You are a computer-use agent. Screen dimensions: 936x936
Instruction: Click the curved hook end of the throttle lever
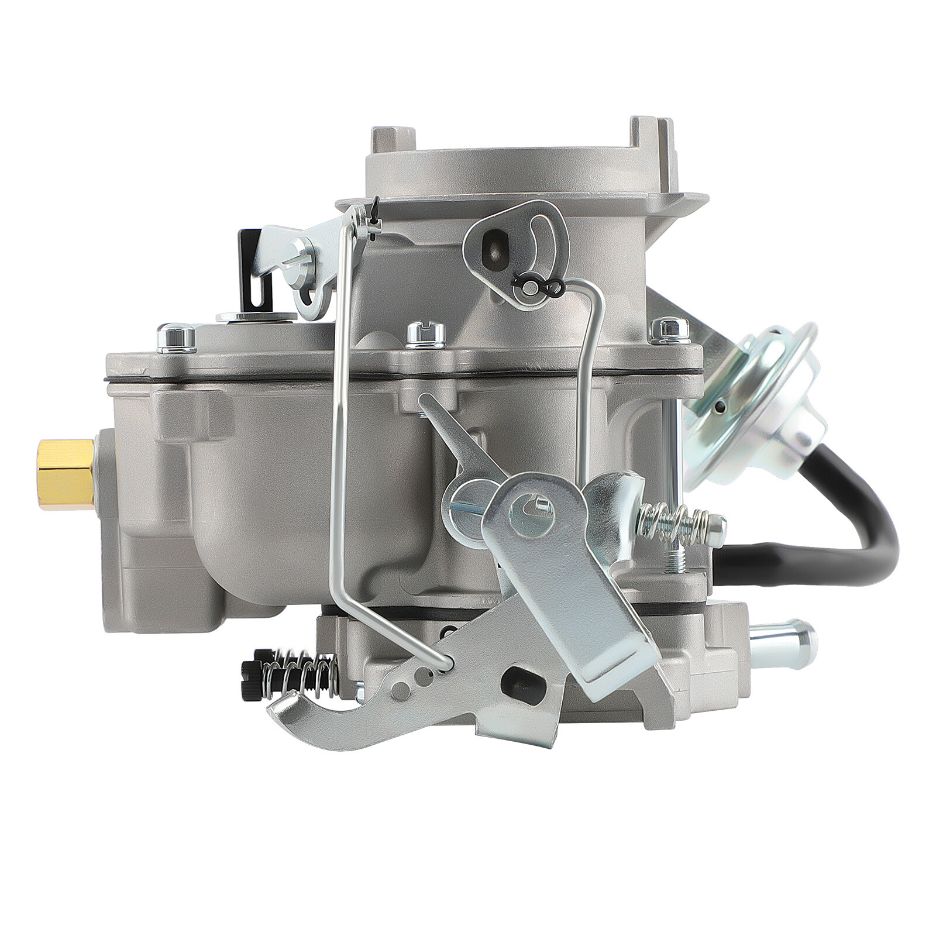(304, 717)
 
